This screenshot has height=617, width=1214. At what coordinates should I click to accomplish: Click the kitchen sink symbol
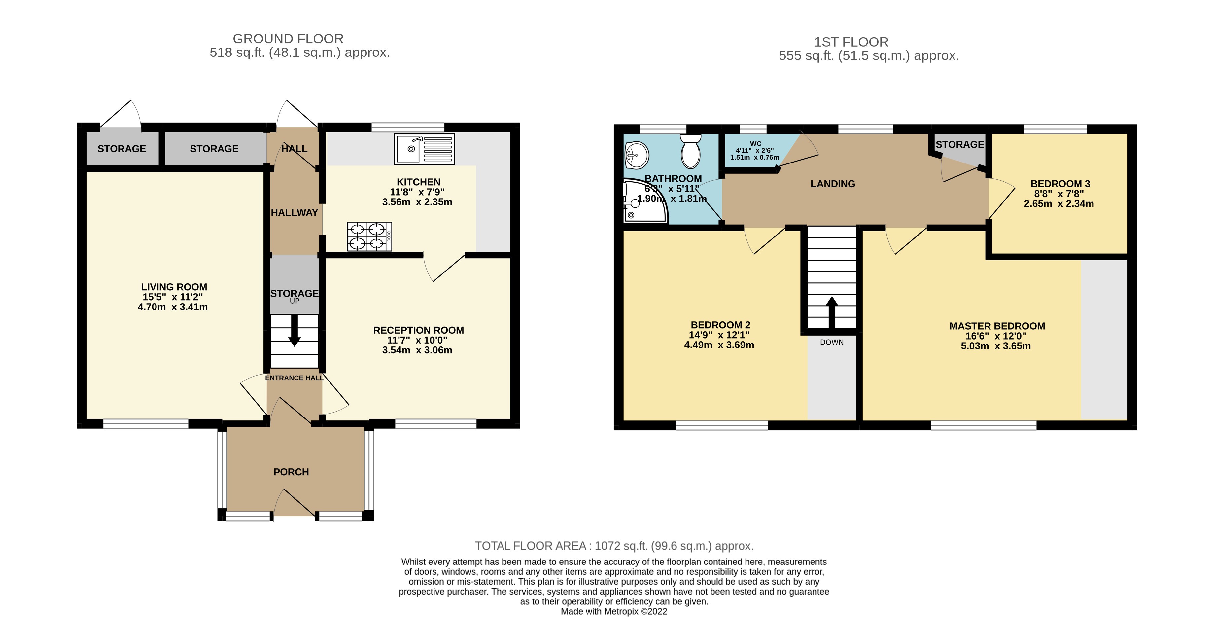[424, 149]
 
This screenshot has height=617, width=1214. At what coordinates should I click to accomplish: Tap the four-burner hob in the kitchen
[369, 236]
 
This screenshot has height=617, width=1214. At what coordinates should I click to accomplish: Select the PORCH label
[291, 472]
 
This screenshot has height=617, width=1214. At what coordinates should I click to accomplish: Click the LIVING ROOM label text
[174, 287]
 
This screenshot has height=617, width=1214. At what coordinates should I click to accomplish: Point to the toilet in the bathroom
[691, 152]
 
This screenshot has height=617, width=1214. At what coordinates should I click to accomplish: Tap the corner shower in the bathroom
[643, 202]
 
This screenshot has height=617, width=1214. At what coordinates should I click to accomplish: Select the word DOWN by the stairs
[831, 342]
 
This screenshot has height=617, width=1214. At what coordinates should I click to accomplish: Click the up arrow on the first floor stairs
[831, 311]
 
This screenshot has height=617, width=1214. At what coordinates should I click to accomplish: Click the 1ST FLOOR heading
[851, 42]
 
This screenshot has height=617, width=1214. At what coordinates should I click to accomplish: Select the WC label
[755, 144]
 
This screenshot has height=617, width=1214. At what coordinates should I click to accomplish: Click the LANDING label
[832, 184]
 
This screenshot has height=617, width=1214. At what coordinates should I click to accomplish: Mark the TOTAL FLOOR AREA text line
[614, 546]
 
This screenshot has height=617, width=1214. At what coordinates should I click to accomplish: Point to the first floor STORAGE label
[959, 144]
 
